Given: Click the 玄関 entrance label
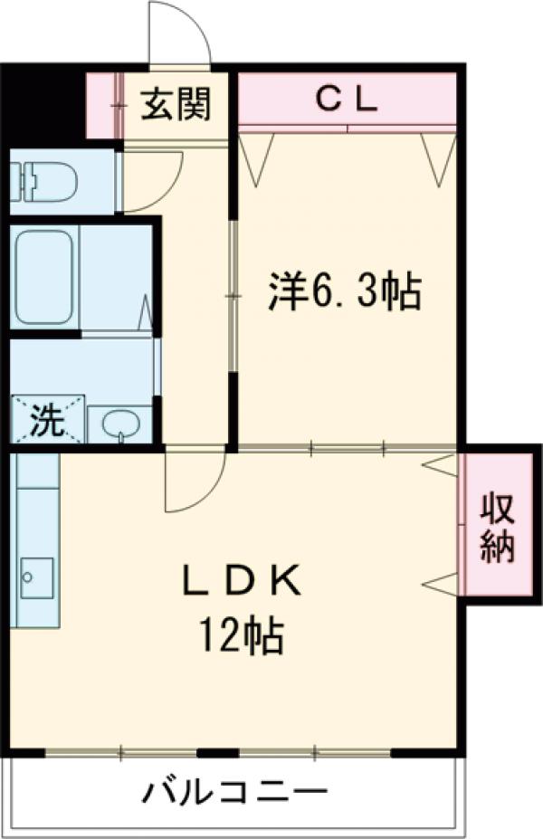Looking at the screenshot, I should pyautogui.click(x=176, y=104).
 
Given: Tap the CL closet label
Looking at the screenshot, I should pyautogui.click(x=347, y=99).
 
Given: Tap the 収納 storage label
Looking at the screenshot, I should pyautogui.click(x=497, y=528).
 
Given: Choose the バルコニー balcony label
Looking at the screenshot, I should pyautogui.click(x=234, y=795).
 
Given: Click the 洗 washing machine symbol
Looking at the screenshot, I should pyautogui.click(x=46, y=419).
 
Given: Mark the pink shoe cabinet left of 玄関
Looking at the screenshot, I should pyautogui.click(x=103, y=105).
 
